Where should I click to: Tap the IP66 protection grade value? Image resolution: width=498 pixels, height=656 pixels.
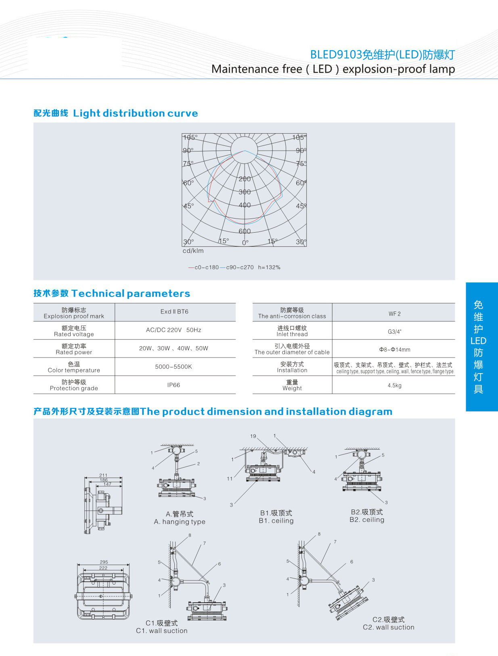point(174,385)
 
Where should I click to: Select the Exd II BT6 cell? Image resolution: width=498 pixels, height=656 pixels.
point(174,311)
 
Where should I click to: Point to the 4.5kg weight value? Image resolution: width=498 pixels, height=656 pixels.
point(394,385)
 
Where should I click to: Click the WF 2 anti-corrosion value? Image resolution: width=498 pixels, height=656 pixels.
point(394,314)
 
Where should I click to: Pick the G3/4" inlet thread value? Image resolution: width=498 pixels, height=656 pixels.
point(394,332)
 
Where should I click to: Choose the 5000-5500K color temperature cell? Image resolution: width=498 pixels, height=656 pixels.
point(174,367)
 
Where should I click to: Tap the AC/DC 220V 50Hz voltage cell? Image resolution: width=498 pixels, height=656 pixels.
point(174,330)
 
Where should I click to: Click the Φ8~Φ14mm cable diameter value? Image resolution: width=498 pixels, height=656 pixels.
point(394,349)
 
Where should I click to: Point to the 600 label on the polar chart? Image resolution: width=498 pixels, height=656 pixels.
point(245,231)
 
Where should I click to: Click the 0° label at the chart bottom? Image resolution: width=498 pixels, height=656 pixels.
point(245,243)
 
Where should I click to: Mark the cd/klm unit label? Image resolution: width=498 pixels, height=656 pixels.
point(193,251)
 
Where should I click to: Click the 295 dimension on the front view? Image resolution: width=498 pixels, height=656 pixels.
point(104,562)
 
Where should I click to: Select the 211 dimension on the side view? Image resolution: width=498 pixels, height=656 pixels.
point(103,475)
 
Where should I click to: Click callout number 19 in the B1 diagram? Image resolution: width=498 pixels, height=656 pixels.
point(253,436)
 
